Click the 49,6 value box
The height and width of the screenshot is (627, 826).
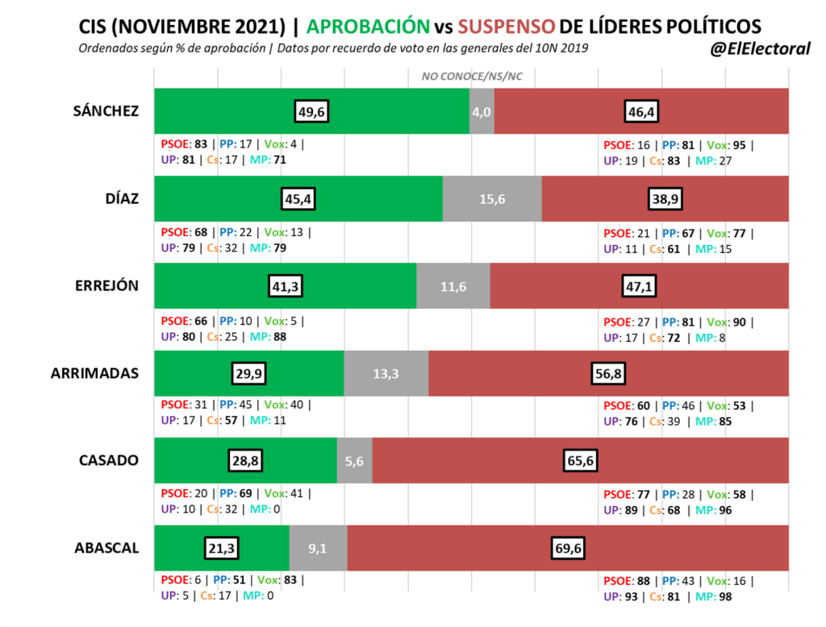pyautogui.click(x=311, y=111)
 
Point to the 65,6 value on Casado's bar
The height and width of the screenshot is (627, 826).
pyautogui.click(x=580, y=461)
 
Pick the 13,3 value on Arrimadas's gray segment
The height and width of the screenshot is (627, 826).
pyautogui.click(x=386, y=373)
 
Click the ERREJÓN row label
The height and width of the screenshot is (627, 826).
pyautogui.click(x=107, y=286)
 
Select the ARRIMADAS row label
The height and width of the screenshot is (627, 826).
pyautogui.click(x=95, y=373)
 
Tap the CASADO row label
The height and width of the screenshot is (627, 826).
pyautogui.click(x=109, y=461)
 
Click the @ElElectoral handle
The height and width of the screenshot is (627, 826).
pyautogui.click(x=759, y=49)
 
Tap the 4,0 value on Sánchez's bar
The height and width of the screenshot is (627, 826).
pyautogui.click(x=482, y=111)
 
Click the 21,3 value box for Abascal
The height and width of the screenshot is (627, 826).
pyautogui.click(x=220, y=548)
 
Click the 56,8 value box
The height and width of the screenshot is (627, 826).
pyautogui.click(x=608, y=373)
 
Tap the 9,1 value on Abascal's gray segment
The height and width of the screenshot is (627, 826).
pyautogui.click(x=318, y=548)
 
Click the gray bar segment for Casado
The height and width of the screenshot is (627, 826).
pyautogui.click(x=354, y=461)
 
